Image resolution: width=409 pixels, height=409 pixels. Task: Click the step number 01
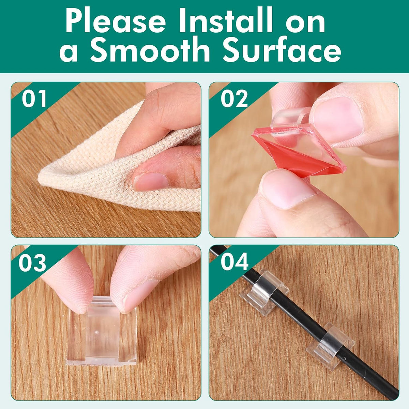(34, 99)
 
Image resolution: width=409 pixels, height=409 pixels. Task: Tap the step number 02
(234, 99)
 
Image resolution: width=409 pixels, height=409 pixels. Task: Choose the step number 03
(32, 262)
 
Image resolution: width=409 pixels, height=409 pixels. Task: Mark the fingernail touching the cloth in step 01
(150, 181)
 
